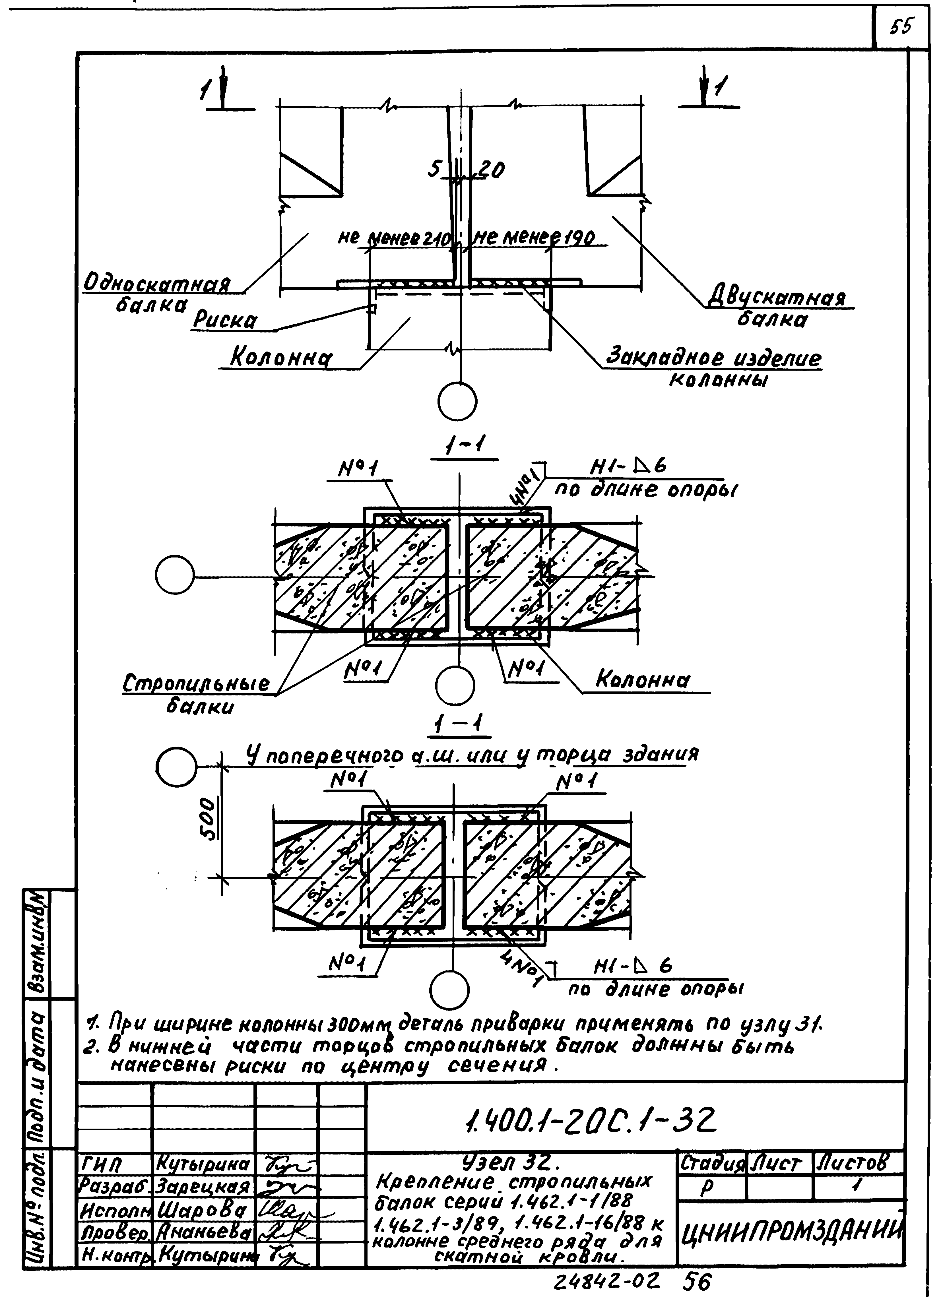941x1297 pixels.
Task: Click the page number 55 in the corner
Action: [902, 27]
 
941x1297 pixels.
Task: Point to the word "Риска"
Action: [224, 321]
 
